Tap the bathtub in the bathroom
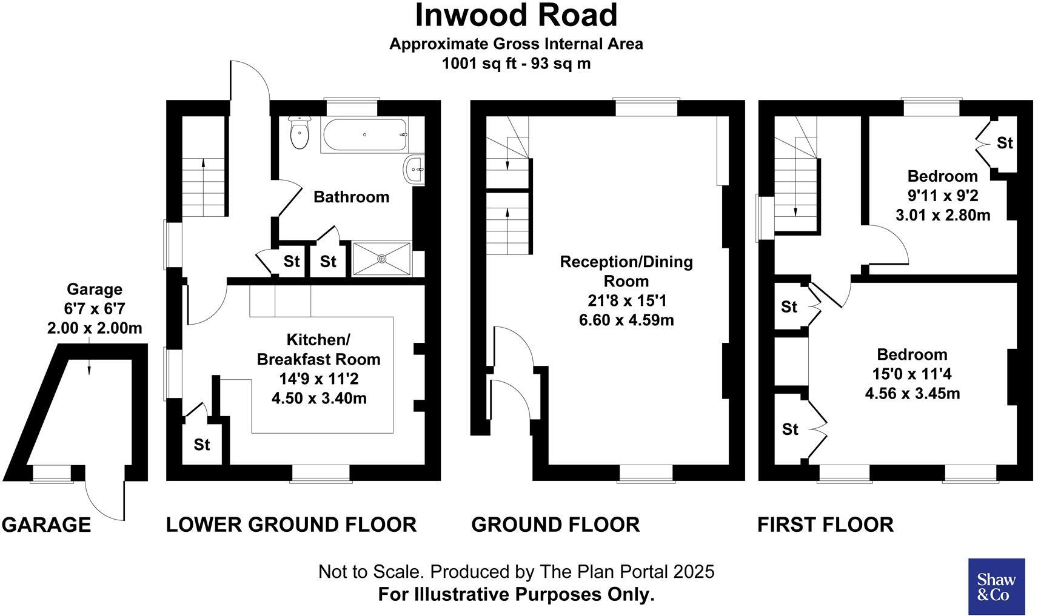pos(364,135)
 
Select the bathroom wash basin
pos(414,169)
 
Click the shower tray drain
pos(382,259)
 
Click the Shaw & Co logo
pos(996,586)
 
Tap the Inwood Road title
pos(516,16)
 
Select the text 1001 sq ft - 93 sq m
pos(516,63)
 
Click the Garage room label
pos(94,290)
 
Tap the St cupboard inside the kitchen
pos(202,445)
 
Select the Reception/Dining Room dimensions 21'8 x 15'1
pos(626,300)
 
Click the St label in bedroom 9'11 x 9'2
pos(1005,143)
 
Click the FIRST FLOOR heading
pos(825,525)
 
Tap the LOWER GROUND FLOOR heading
pos(291,525)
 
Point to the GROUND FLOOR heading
pos(555,525)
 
